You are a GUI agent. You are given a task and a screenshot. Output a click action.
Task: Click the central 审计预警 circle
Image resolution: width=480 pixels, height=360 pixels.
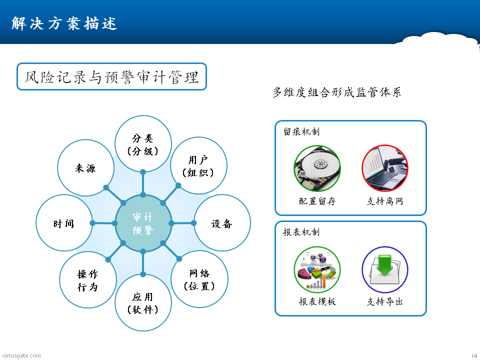[143, 223]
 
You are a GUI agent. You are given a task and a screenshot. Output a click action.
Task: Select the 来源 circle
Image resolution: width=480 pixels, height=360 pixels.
[85, 168]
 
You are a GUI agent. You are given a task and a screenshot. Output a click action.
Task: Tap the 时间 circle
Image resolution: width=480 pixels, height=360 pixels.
[64, 223]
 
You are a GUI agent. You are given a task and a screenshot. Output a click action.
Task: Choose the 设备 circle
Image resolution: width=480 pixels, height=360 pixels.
[222, 223]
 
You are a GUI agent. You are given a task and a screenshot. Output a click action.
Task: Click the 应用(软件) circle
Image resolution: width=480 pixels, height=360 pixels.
[143, 303]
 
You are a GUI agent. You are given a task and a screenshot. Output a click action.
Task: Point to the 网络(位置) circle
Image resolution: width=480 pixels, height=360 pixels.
[199, 279]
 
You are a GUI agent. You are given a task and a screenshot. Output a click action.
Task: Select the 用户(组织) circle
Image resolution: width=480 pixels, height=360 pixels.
[198, 165]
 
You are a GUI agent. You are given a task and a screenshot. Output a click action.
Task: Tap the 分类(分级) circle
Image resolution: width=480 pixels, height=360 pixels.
[143, 144]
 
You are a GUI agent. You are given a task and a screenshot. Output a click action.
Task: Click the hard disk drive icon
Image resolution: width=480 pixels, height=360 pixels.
[317, 168]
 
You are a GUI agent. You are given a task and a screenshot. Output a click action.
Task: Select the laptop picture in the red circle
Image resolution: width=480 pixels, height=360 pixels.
[385, 168]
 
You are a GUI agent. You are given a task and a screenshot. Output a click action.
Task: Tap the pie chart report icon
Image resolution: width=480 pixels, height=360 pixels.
[317, 269]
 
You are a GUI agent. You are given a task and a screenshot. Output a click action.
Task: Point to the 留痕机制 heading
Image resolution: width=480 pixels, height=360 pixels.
[301, 131]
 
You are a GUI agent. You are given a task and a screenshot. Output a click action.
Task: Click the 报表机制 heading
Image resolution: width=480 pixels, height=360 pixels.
[301, 232]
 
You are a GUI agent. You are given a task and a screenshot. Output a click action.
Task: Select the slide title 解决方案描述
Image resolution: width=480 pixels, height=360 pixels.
[64, 23]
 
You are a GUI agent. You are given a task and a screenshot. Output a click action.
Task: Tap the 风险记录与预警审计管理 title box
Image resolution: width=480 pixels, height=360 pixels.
[111, 76]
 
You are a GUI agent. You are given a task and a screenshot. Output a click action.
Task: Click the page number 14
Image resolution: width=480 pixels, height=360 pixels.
[474, 355]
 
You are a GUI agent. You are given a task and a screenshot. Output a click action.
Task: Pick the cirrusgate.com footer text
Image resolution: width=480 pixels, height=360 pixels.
[21, 355]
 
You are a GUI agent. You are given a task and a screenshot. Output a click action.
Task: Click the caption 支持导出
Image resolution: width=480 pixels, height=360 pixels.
[385, 302]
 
